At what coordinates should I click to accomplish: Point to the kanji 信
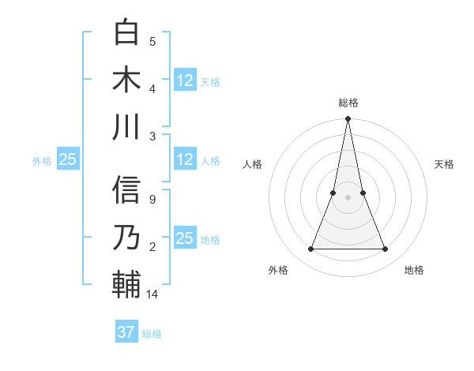126,190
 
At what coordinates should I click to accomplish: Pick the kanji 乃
126,237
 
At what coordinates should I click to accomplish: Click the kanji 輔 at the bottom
126,284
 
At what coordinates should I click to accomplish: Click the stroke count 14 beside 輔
153,294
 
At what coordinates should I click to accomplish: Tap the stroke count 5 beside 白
152,41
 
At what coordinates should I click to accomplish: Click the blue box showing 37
126,332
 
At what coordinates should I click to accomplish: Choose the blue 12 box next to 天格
185,80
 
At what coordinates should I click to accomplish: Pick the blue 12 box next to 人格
185,159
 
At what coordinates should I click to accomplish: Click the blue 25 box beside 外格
67,159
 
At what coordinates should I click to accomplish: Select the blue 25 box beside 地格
185,238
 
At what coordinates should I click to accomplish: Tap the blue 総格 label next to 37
152,334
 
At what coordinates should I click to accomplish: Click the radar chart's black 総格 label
348,103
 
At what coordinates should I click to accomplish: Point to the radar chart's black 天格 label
445,164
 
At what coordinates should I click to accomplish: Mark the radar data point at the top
348,120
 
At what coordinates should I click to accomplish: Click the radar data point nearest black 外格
310,249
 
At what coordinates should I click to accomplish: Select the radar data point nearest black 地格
386,249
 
